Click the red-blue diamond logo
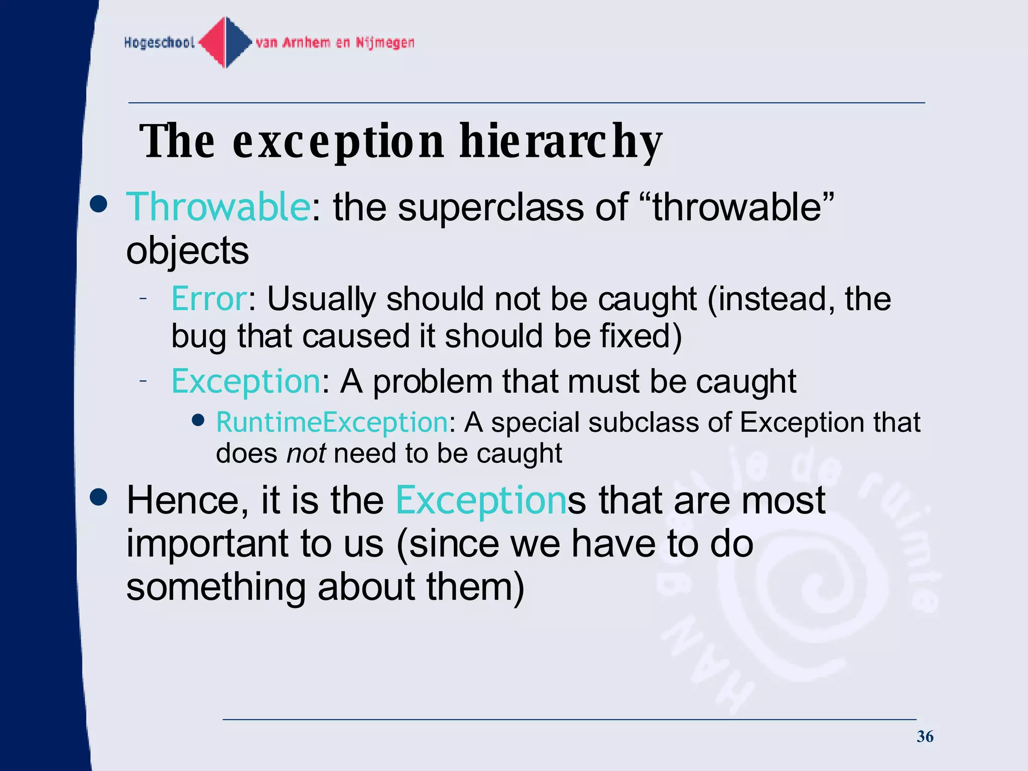(x=225, y=43)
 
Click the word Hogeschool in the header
(x=159, y=43)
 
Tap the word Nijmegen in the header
(x=385, y=43)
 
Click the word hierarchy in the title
(x=561, y=142)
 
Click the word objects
(x=187, y=250)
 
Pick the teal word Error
(x=209, y=299)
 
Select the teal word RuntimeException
(x=332, y=422)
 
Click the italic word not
(x=306, y=453)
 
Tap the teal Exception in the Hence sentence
(x=481, y=500)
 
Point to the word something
(x=216, y=587)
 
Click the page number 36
(x=925, y=736)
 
